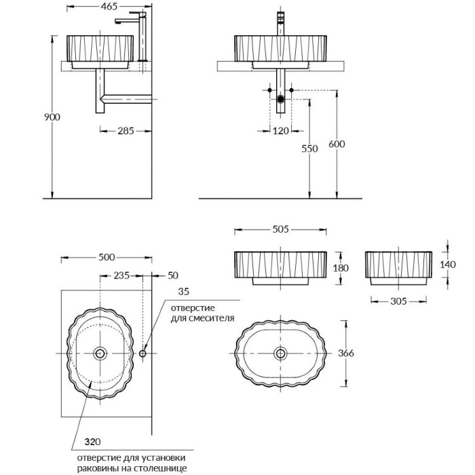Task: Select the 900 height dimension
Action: point(52,117)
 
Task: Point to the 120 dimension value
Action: point(280,130)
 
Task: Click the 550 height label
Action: point(309,149)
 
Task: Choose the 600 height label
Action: point(336,144)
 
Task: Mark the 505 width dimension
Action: point(280,229)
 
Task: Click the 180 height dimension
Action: point(341,268)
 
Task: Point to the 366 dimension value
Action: point(346,354)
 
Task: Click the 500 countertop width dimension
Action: point(107,257)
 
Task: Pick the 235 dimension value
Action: point(121,276)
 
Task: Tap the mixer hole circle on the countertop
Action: point(142,354)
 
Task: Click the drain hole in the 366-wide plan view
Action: point(280,354)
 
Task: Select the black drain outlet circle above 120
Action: point(280,99)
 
